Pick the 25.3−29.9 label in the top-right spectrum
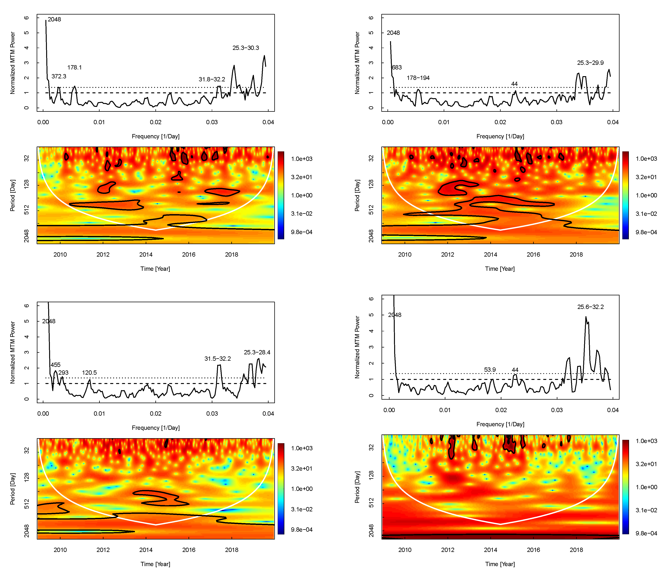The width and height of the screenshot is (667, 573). [x=590, y=63]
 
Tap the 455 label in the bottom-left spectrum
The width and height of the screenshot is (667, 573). [x=55, y=365]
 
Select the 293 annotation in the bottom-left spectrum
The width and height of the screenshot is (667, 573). [x=63, y=373]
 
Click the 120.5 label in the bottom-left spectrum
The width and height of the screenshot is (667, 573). [x=89, y=373]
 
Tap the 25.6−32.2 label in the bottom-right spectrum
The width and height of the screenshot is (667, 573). [x=590, y=307]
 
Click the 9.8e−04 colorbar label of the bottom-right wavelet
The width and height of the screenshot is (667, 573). [x=646, y=533]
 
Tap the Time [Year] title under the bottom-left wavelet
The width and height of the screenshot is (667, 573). [x=155, y=564]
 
